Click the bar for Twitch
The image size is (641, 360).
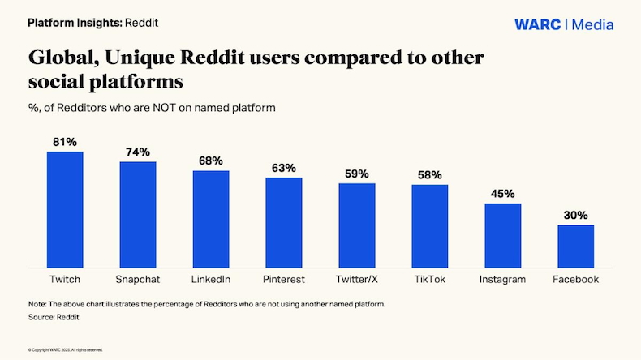point(65,209)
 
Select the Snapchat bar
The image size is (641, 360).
point(138,214)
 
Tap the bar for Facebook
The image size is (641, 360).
point(575,246)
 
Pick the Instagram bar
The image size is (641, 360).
point(502,235)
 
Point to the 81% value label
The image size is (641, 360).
point(65,142)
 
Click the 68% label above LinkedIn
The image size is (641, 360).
point(211,161)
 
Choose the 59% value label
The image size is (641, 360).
point(356,174)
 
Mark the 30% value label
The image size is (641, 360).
point(575,216)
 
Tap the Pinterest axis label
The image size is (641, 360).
point(284,280)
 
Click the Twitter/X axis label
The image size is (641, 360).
point(357,280)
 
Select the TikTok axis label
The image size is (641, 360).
point(430,280)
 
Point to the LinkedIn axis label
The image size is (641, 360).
point(211,280)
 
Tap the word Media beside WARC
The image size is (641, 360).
point(593,24)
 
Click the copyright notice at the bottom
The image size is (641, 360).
point(65,349)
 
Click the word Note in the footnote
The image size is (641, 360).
point(37,304)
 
